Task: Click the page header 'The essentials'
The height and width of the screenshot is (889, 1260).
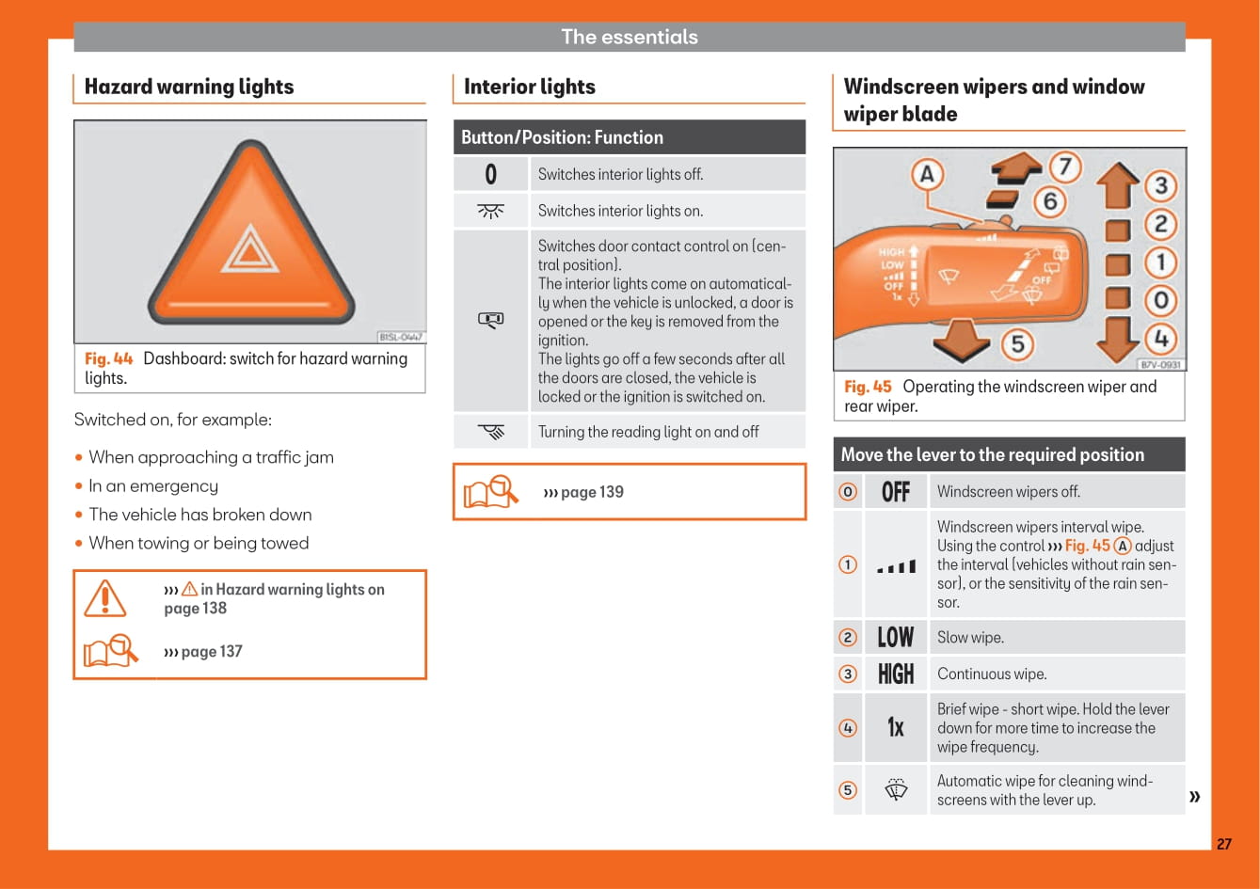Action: (x=630, y=37)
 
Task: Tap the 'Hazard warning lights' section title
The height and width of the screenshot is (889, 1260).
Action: (x=189, y=87)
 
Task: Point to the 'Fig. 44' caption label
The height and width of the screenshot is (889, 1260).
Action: (x=108, y=358)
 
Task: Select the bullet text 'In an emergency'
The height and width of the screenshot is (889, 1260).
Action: (x=153, y=485)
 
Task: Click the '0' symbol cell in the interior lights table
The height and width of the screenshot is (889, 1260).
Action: (x=490, y=174)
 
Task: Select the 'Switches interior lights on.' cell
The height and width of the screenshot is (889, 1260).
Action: (x=668, y=211)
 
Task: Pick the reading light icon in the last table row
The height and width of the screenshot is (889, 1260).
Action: (x=491, y=432)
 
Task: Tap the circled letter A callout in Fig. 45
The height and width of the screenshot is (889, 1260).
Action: (x=927, y=174)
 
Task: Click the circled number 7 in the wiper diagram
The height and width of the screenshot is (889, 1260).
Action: (x=1065, y=167)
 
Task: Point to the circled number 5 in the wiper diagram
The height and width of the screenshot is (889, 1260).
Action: (x=1017, y=343)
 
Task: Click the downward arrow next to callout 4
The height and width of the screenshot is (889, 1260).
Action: (x=1117, y=339)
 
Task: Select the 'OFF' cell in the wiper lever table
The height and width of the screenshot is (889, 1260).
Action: (x=896, y=492)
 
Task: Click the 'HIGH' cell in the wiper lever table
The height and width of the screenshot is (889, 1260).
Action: (x=896, y=674)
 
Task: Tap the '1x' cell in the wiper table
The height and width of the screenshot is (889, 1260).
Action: (x=896, y=727)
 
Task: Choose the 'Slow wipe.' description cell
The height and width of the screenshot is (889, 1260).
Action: (x=1058, y=638)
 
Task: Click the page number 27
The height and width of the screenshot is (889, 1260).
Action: (x=1224, y=844)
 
